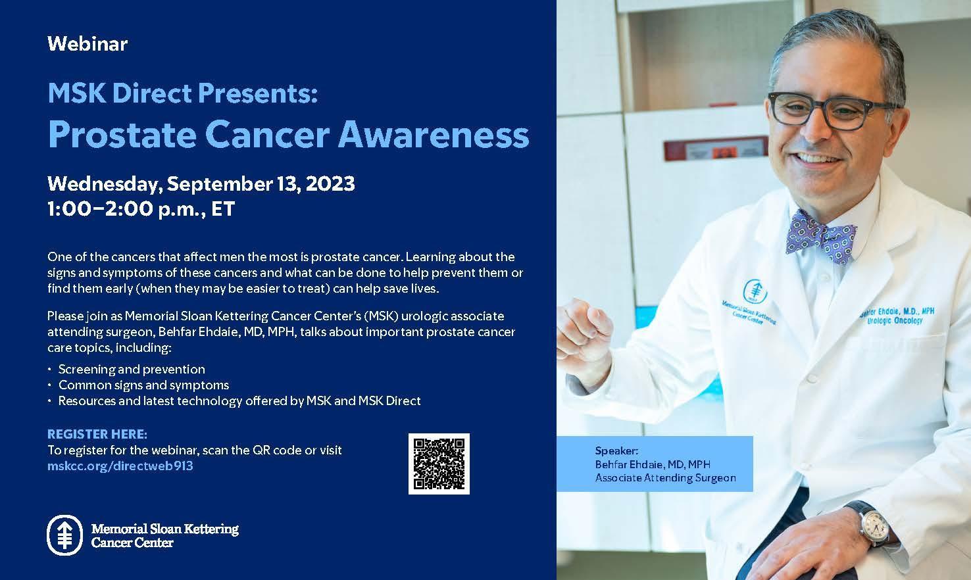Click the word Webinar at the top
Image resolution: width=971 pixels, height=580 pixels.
(x=87, y=44)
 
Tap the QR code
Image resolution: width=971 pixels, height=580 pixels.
(x=439, y=464)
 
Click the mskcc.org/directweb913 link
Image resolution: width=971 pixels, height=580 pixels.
(x=120, y=466)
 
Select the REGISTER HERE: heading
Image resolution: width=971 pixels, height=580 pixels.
(x=97, y=434)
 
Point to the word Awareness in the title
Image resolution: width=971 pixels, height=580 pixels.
(x=434, y=134)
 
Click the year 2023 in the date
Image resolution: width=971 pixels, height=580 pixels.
(x=330, y=183)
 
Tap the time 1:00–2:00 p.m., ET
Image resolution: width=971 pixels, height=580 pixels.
(x=141, y=208)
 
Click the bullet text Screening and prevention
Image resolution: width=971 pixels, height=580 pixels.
(x=132, y=369)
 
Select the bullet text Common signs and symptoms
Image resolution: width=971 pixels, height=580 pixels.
(x=143, y=385)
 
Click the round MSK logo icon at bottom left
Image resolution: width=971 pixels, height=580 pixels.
(x=64, y=535)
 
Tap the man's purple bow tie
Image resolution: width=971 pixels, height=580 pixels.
(x=820, y=237)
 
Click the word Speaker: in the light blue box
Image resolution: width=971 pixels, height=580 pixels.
(x=616, y=451)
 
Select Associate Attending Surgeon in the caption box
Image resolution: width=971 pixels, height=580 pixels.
(x=665, y=478)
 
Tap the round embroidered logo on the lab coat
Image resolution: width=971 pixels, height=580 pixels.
(x=755, y=291)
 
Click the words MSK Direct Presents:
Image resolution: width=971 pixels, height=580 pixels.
(x=182, y=93)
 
